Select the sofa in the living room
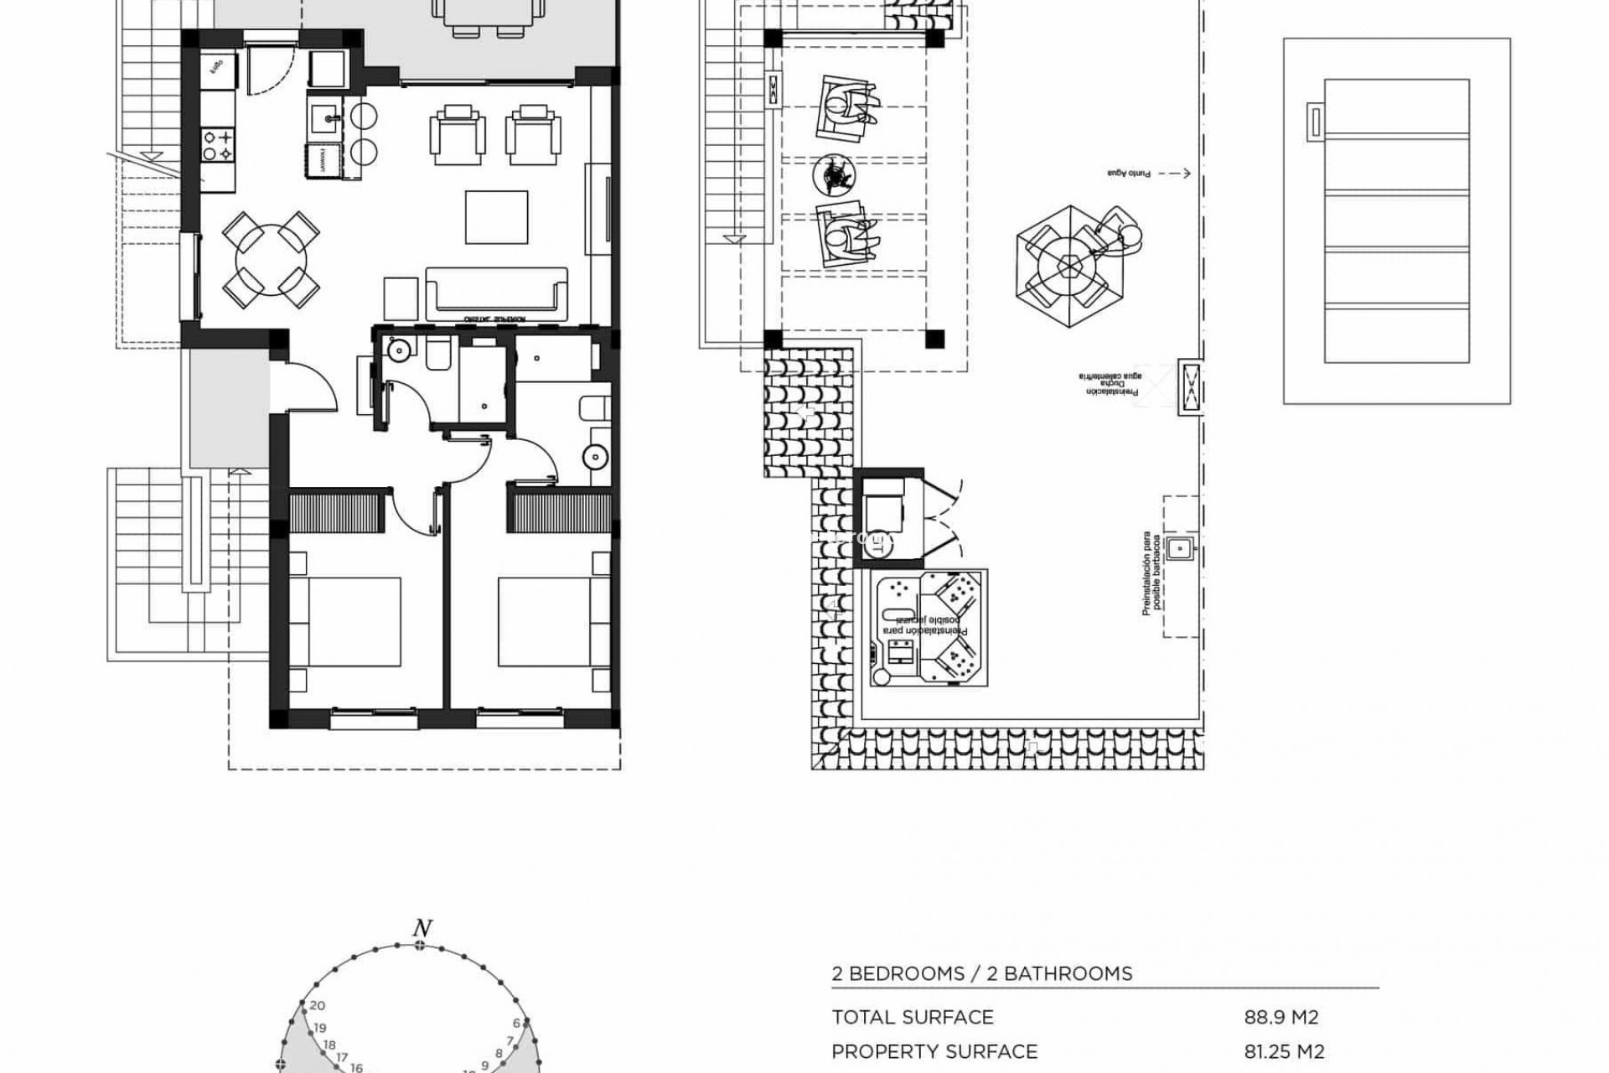(x=496, y=293)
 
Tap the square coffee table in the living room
(x=497, y=216)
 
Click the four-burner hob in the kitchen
(x=217, y=143)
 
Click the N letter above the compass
(x=422, y=929)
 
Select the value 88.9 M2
(x=1281, y=1018)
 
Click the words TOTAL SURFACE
(x=912, y=1018)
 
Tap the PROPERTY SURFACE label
(x=934, y=1051)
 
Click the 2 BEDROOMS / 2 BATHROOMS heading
(x=981, y=974)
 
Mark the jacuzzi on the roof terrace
(x=929, y=628)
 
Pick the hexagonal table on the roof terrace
(x=1069, y=267)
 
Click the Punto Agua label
(x=1130, y=174)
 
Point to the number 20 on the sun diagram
(x=318, y=1006)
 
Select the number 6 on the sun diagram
(x=517, y=1023)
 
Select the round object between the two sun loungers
(x=833, y=174)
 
